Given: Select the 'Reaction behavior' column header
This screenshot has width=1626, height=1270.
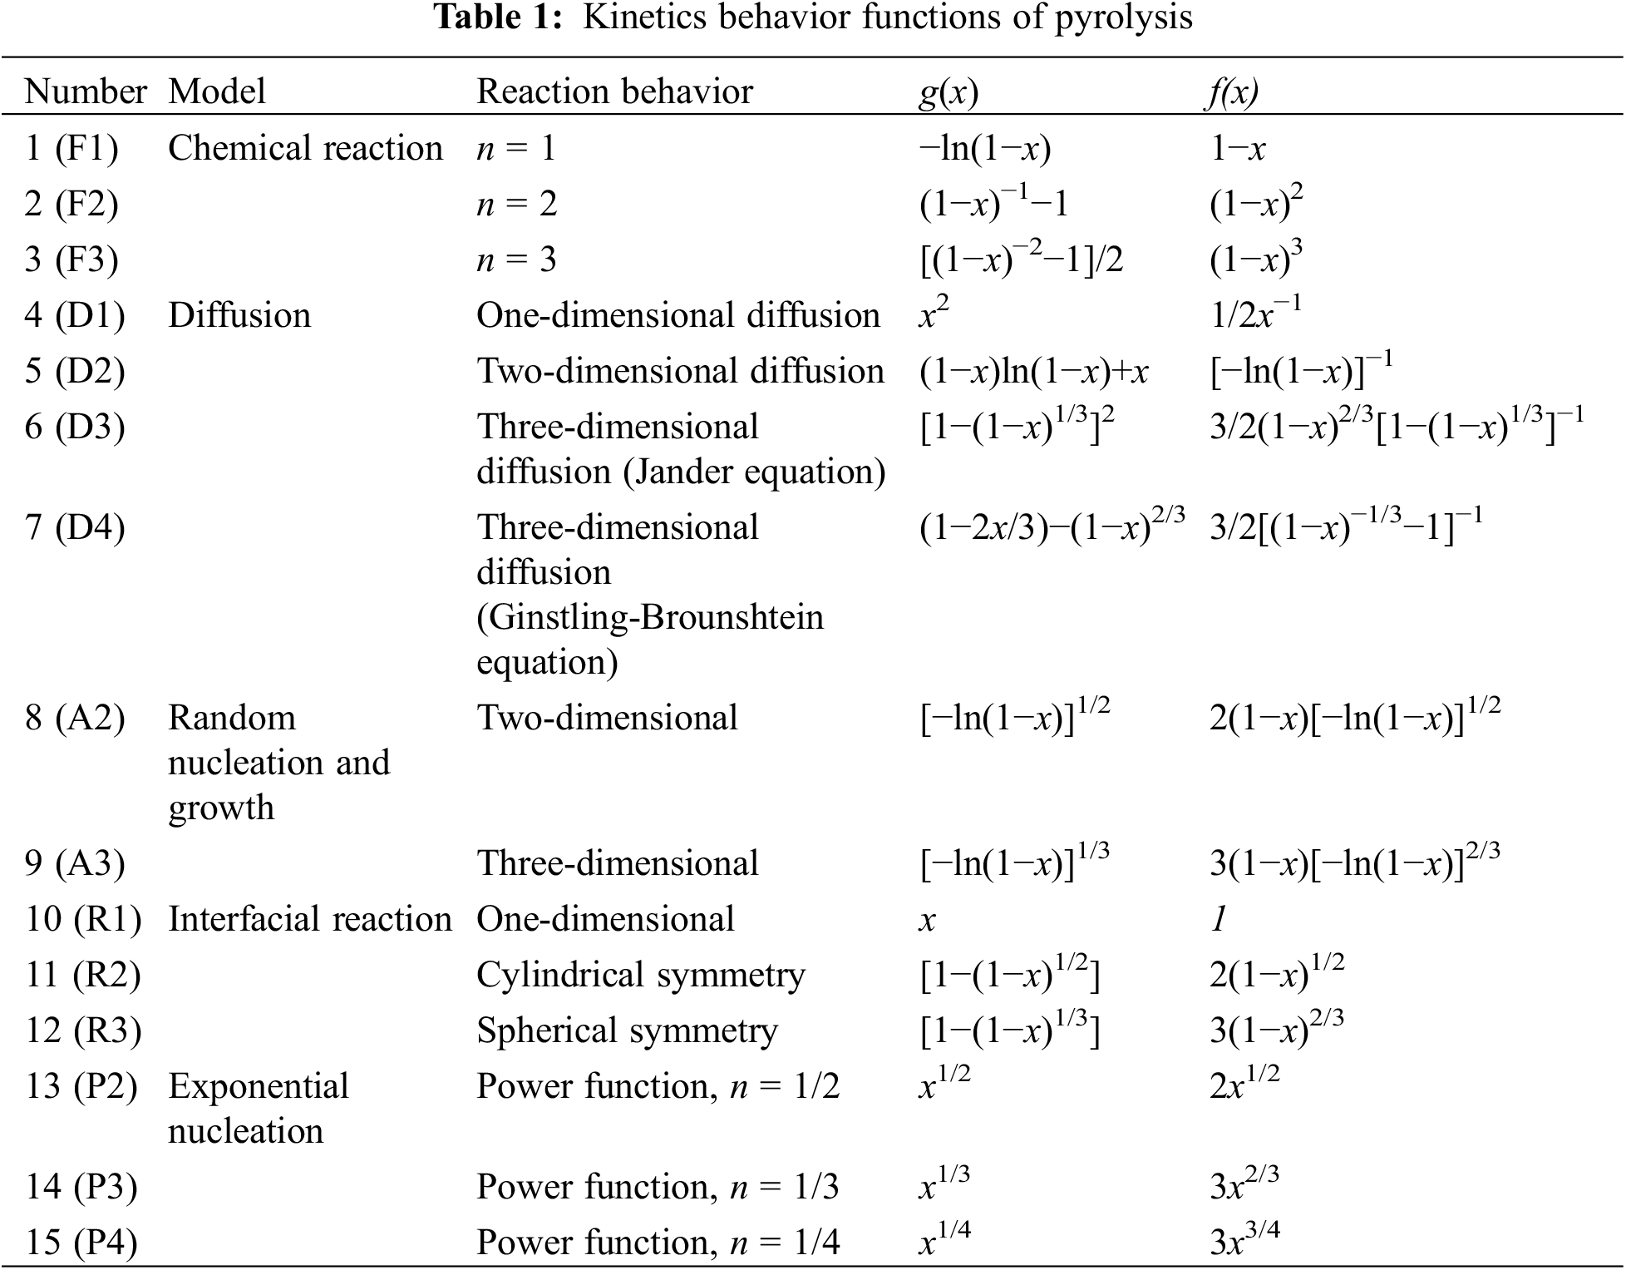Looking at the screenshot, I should [614, 91].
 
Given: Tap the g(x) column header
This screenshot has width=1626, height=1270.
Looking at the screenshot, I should [948, 91].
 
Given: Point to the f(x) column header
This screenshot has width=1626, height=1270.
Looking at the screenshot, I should [1234, 91].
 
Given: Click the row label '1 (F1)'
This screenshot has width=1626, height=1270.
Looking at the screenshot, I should [71, 148].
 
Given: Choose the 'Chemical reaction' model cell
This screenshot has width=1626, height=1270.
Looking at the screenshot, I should [305, 148].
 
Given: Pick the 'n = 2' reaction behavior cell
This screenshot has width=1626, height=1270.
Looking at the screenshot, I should [516, 204].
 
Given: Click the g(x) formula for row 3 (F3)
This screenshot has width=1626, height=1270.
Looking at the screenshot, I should [1021, 259].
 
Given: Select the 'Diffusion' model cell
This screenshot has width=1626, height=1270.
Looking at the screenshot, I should [239, 315].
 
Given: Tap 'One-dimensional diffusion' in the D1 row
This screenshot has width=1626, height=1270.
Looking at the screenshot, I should [677, 315].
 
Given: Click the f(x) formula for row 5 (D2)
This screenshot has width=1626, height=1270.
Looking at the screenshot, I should [1301, 370].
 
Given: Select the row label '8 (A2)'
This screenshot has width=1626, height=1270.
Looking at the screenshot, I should [75, 718].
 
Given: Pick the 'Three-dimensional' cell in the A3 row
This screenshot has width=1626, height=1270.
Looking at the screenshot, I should [617, 863].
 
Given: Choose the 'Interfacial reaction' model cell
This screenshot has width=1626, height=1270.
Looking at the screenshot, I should [309, 919].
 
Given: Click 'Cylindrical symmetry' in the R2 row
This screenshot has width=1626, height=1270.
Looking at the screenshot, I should [640, 975].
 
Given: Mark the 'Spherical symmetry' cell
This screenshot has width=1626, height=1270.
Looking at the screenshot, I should [627, 1030].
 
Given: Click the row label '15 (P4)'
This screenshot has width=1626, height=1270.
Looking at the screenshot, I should [81, 1243].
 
